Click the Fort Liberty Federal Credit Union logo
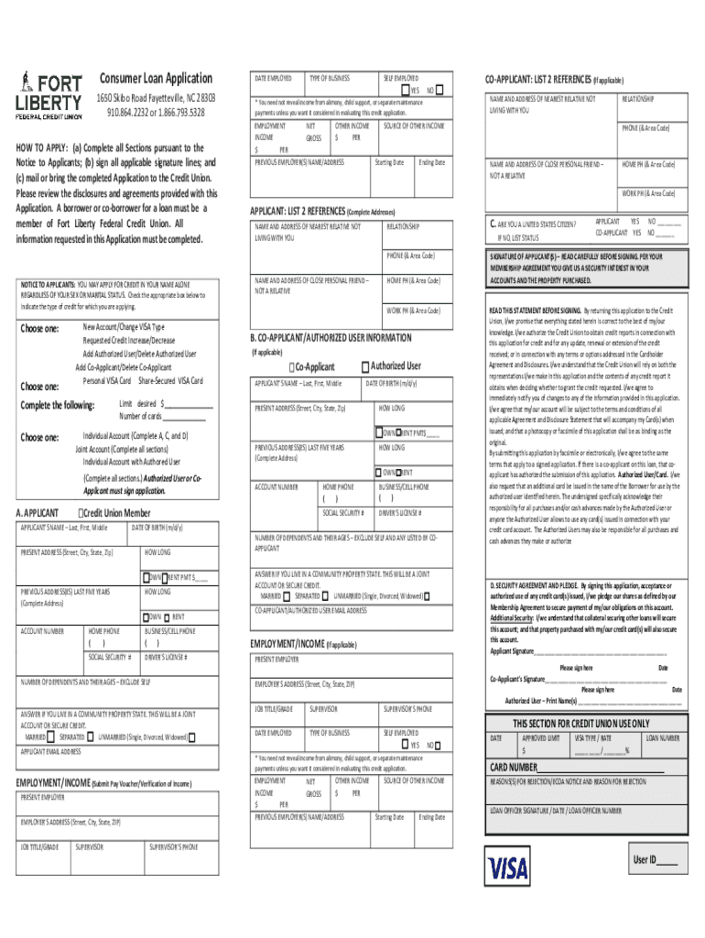49,95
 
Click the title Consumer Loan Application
156,79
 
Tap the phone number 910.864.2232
130,113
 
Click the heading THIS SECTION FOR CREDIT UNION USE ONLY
582,723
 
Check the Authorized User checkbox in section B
364,365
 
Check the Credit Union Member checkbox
82,513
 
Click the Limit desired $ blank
188,404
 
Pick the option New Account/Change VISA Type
124,327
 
